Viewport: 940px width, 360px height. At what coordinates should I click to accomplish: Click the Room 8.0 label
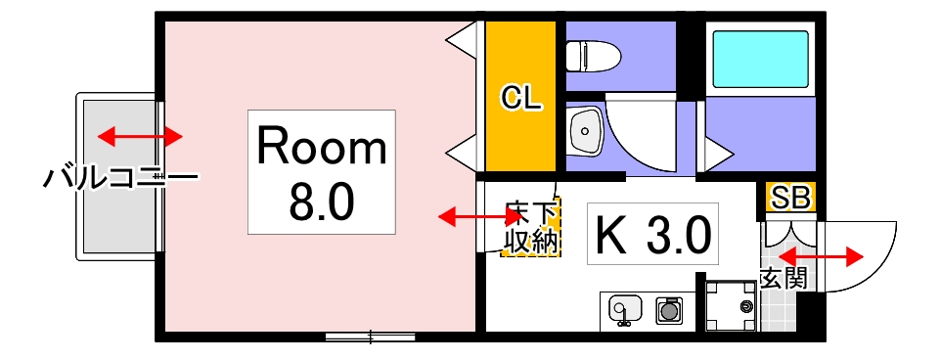[x=321, y=172]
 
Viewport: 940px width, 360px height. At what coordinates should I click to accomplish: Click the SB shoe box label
[x=790, y=198]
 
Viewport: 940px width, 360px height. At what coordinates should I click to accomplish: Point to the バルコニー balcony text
[x=121, y=178]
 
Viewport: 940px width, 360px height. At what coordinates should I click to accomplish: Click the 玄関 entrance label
[x=783, y=279]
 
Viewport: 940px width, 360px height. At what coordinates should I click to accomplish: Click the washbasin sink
[x=585, y=129]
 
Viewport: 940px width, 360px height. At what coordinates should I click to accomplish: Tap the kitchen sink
[x=623, y=309]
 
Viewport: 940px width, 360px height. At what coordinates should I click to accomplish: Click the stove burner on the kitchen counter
[x=670, y=310]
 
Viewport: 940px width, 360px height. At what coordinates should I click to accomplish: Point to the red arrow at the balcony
[x=141, y=135]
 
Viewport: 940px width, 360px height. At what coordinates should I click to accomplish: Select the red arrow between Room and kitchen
[x=466, y=216]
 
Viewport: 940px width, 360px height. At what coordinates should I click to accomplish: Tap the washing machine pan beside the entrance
[x=731, y=307]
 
